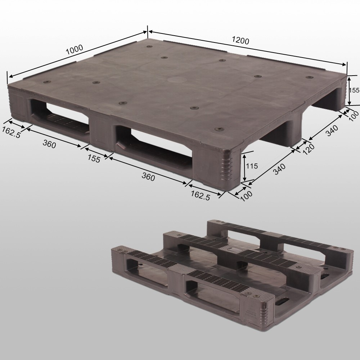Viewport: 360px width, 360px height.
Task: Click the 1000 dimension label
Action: pyautogui.click(x=74, y=49)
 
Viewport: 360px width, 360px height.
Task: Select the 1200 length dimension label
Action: pyautogui.click(x=240, y=41)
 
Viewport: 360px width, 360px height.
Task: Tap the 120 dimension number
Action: pyautogui.click(x=309, y=148)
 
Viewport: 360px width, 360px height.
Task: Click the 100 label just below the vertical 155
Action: pyautogui.click(x=354, y=115)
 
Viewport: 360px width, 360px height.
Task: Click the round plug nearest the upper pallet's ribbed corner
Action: pyautogui.click(x=219, y=129)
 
